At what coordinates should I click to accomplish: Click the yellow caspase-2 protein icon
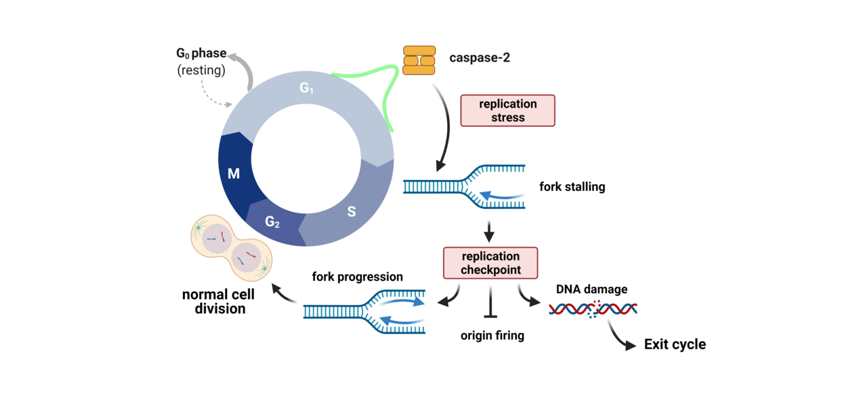pos(419,60)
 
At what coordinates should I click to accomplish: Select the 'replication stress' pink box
pos(507,110)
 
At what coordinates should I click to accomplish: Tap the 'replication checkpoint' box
pos(490,263)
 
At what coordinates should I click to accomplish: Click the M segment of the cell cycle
pos(234,174)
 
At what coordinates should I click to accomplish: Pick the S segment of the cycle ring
pos(351,212)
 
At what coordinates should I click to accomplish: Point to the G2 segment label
pos(272,221)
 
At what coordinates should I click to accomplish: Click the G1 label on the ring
pos(307,88)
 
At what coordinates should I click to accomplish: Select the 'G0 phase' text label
pos(201,53)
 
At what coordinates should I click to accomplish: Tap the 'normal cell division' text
pos(218,302)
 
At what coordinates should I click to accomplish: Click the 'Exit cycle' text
pos(675,344)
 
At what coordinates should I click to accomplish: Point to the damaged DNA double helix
pos(593,309)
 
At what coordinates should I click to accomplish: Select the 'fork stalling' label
pos(572,187)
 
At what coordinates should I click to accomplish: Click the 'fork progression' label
pos(357,277)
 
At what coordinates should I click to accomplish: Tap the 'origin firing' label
pos(492,335)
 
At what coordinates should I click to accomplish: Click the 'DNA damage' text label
pos(591,289)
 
